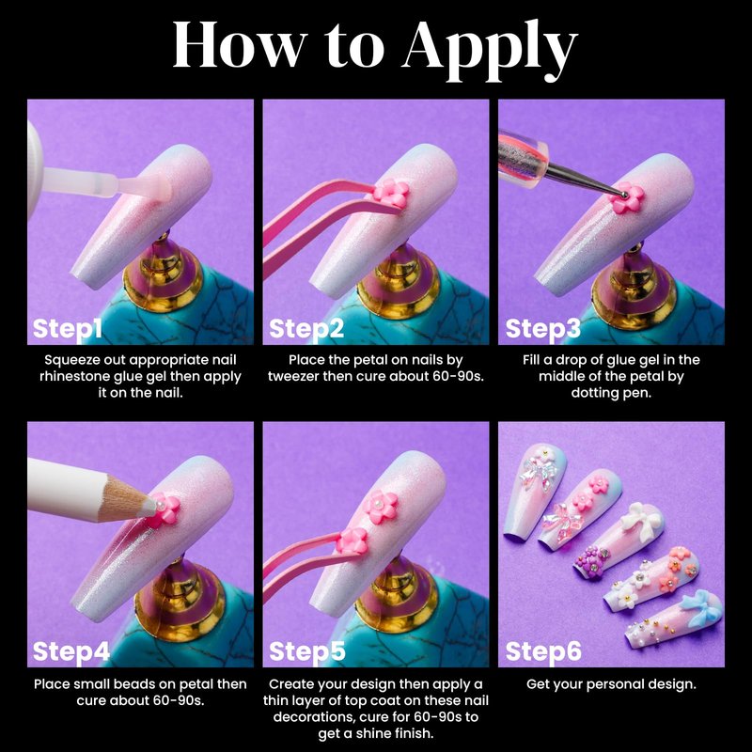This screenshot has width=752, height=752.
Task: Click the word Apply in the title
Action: click(490, 49)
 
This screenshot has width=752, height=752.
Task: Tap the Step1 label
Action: click(68, 330)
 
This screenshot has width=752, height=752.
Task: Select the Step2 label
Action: click(306, 330)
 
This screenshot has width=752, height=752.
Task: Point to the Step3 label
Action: click(543, 330)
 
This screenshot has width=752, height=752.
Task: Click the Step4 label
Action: click(71, 651)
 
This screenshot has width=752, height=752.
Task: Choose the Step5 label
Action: click(307, 651)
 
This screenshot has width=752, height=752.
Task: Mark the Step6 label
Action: click(543, 651)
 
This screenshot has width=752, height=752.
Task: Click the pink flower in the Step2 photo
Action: click(391, 194)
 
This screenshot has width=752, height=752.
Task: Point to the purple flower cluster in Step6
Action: click(591, 561)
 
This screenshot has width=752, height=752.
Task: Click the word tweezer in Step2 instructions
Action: click(293, 377)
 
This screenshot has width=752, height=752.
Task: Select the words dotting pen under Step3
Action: click(611, 393)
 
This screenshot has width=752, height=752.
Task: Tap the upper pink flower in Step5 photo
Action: click(381, 507)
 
